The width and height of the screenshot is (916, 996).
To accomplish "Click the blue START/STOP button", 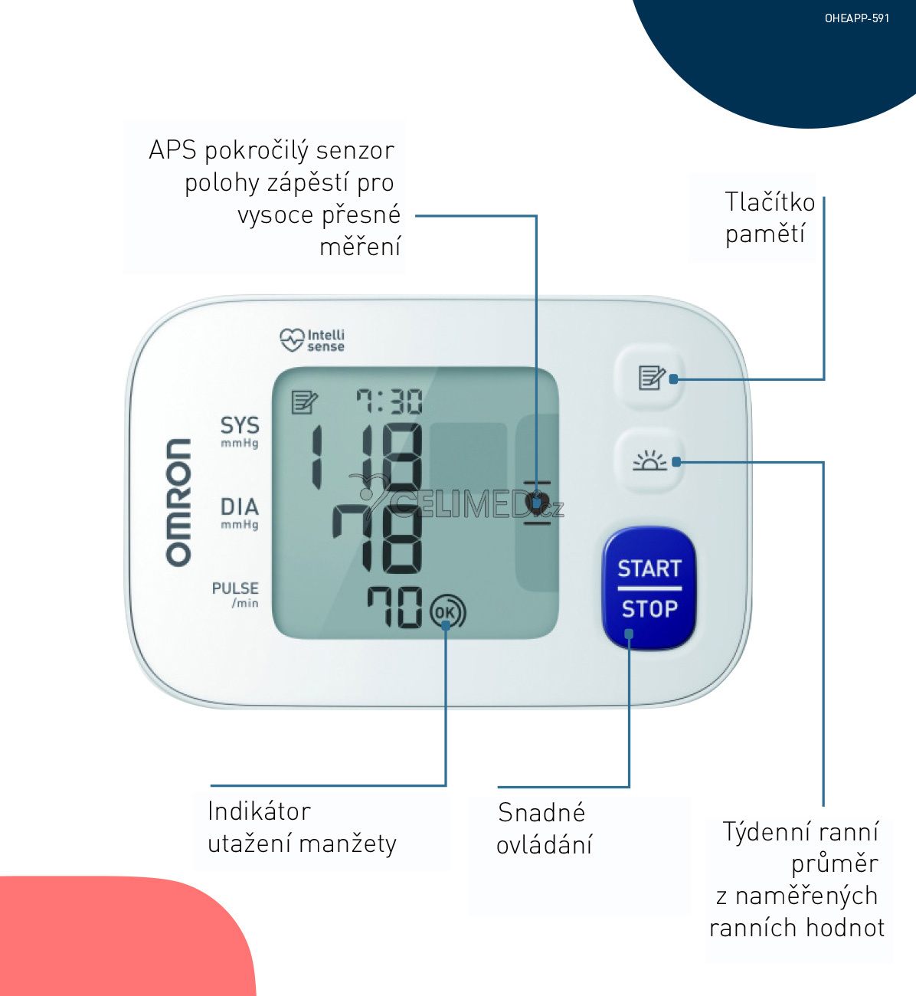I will tap(649, 588).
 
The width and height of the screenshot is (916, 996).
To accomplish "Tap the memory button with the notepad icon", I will tap(650, 377).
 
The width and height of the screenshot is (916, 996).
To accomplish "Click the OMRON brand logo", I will tap(178, 502).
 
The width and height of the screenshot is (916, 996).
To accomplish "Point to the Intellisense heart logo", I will tap(292, 339).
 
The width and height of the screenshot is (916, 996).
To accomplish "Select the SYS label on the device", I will tap(240, 426).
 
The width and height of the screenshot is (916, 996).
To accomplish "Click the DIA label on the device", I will tap(240, 507).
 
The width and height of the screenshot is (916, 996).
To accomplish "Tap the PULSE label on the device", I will tap(235, 588).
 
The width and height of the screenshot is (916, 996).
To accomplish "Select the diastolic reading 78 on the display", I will tap(378, 539).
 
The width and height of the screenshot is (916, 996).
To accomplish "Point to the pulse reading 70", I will tap(394, 608).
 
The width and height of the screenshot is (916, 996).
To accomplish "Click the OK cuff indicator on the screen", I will tap(447, 612).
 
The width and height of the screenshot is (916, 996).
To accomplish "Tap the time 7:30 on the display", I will tap(389, 401).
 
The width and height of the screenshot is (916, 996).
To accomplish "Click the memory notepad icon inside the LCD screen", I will tap(304, 401).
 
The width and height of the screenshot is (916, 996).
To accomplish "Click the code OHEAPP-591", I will tap(857, 18).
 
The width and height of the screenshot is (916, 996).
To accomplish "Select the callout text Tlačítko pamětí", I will tap(769, 218).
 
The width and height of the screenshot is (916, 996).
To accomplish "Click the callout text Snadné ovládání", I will tap(544, 828).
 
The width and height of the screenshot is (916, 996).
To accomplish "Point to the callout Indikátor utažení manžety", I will tap(302, 827).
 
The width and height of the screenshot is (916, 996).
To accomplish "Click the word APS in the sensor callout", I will tap(172, 150).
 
